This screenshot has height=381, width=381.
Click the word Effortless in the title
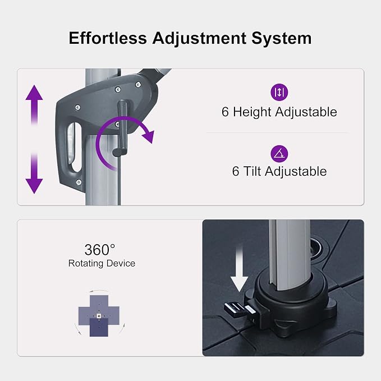[108, 38]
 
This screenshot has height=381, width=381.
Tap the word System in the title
[281, 39]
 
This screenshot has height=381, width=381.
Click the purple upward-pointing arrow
[34, 105]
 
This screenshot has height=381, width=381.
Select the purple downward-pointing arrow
[34, 173]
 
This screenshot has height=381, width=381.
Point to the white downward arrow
[239, 268]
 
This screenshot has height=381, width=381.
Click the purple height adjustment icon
[279, 92]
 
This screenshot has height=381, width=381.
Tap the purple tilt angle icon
[279, 154]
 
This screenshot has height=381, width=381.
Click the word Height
[252, 112]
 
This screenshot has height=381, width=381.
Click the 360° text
[100, 250]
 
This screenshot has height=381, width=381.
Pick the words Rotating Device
[102, 263]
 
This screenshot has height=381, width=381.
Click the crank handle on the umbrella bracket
[122, 129]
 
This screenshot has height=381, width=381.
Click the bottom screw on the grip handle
[79, 182]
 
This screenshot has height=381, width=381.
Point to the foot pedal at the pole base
[238, 310]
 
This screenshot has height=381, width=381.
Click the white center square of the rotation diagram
[99, 316]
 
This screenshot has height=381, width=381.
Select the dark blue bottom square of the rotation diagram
[99, 327]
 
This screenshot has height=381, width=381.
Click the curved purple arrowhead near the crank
[148, 136]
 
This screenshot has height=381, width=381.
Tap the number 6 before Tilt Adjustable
[236, 171]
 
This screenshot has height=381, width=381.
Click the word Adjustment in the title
[199, 39]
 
